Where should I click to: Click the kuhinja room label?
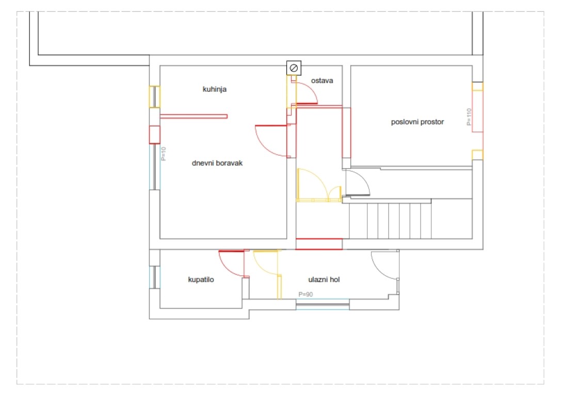coord(215,89)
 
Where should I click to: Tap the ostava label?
coord(322,81)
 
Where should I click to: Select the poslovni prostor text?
coord(417,122)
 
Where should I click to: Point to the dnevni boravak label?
coord(217,163)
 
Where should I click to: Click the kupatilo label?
coord(201,279)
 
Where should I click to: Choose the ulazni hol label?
coord(324,279)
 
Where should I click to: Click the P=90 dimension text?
coord(306,294)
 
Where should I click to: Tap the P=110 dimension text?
coord(469,117)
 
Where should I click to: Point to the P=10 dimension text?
coord(164,154)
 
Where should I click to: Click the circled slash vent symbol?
coord(294,68)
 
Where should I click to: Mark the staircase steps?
coord(390,221)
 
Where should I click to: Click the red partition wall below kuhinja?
coord(194,116)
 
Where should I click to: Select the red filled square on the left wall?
coord(154,135)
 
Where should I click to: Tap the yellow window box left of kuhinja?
coord(154,96)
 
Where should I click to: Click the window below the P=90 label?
coord(323,305)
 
